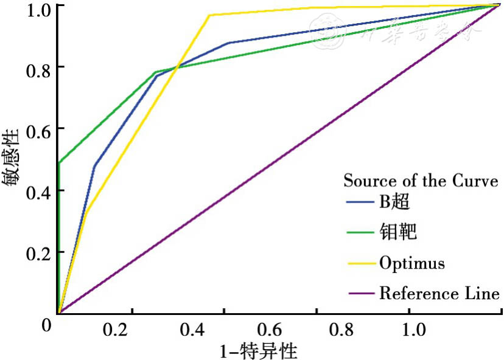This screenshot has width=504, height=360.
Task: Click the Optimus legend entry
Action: click(412, 263)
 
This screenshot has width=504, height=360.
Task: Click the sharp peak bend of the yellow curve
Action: click(209, 15)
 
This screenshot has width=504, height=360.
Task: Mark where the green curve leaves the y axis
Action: click(58, 163)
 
